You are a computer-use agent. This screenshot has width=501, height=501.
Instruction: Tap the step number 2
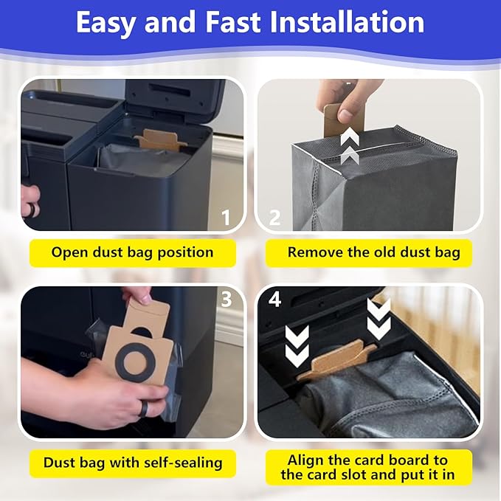274,218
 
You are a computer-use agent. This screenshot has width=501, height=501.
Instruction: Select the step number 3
227,300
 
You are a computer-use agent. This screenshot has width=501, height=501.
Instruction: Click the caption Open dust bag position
132,252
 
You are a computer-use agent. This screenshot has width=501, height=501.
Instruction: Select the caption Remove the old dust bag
373,252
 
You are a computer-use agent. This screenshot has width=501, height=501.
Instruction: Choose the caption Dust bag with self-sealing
132,463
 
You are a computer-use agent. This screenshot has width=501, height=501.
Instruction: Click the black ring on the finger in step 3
143,409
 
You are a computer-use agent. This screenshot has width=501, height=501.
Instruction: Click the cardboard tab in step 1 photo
160,139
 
